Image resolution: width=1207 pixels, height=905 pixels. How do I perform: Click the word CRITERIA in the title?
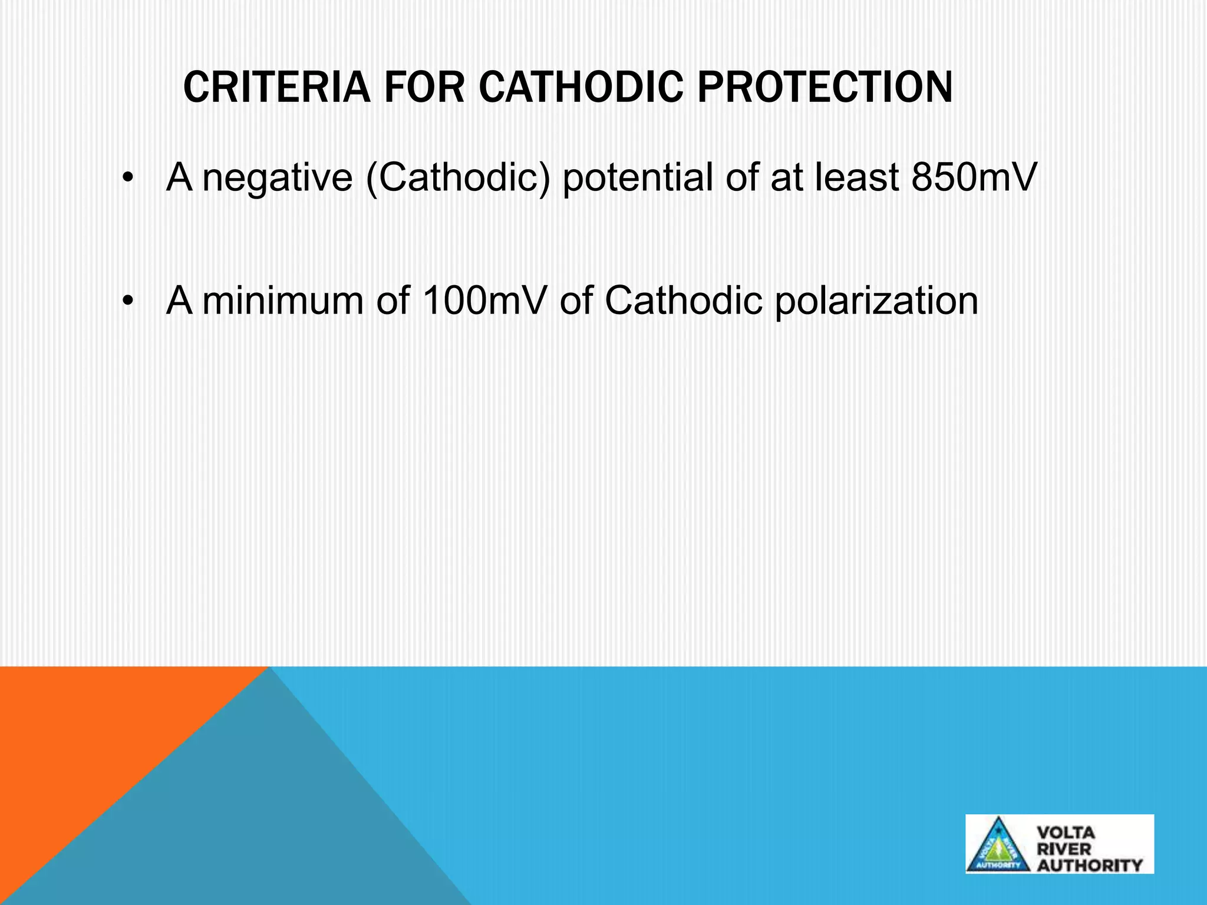276,88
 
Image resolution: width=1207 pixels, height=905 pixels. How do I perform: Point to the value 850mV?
973,177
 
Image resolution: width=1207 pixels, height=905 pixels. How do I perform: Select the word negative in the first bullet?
277,177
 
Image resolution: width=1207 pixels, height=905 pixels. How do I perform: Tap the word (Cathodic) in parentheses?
458,177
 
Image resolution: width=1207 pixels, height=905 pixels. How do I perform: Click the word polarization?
876,300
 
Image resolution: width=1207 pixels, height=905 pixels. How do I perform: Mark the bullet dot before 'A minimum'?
126,302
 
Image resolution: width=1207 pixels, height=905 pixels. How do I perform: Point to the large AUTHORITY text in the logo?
1090,865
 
